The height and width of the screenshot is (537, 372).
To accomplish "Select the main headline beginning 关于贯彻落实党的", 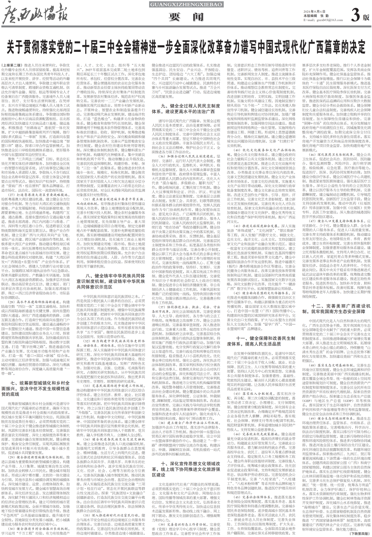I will (x=186, y=47).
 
